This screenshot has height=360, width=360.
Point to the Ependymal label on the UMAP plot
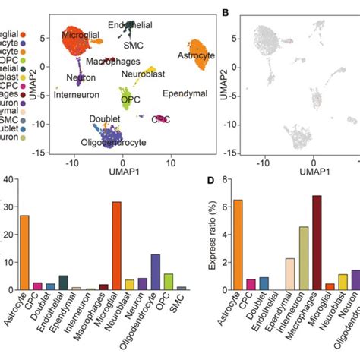[185, 93]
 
